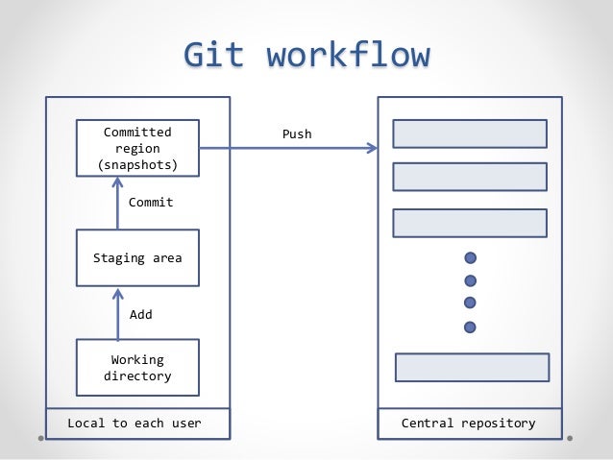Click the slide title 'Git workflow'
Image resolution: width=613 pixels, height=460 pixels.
pos(306,55)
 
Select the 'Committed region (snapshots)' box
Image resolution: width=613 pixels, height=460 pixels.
pos(137,148)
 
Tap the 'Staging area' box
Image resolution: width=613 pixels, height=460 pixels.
pos(137,257)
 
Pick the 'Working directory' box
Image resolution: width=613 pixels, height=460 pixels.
pos(137,368)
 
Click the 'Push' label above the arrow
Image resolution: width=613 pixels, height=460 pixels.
pos(296,134)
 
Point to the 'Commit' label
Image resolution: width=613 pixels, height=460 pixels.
pos(151,203)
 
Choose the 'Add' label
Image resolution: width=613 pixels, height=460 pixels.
pos(140,314)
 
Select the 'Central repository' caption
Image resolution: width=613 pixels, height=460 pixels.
pos(468,423)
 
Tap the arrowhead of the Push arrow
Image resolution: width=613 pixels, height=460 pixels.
pos(373,148)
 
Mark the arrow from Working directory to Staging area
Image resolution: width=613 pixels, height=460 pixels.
pos(117,313)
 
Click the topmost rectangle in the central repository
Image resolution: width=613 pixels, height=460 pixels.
pos(470,133)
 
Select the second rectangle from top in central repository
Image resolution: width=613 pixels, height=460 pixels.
pos(470,177)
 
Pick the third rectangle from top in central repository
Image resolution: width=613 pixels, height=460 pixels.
pos(470,222)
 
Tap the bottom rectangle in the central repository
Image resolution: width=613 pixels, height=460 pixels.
pos(472,368)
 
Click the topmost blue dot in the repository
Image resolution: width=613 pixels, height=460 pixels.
pos(470,258)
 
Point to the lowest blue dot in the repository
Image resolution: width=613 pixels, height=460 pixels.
pos(470,327)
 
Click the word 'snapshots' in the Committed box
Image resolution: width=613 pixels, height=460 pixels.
pos(137,165)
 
